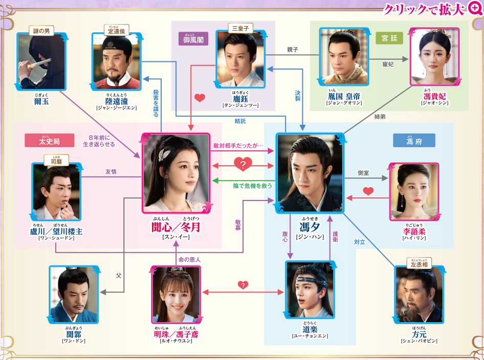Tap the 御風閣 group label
(193, 38)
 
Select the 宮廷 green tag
(389, 38)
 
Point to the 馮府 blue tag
(414, 141)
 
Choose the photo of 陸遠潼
(116, 61)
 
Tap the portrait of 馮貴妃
(434, 57)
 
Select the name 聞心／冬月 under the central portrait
(175, 227)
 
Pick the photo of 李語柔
(414, 192)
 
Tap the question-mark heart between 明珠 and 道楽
(243, 285)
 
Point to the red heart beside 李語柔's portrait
(368, 192)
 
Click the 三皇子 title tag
(239, 29)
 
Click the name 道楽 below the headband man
(310, 329)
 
